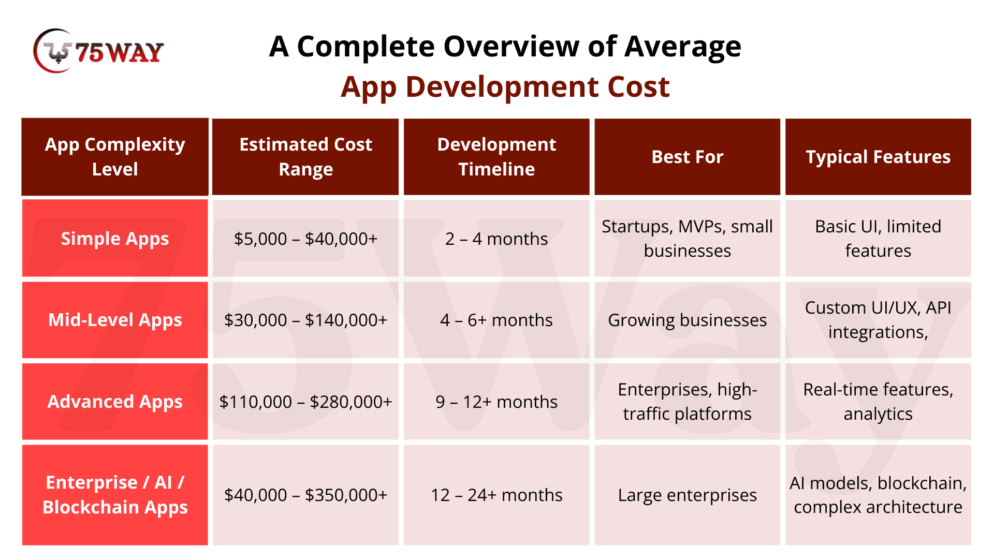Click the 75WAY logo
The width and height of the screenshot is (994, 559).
pyautogui.click(x=98, y=51)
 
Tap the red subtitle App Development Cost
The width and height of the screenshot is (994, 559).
pyautogui.click(x=505, y=87)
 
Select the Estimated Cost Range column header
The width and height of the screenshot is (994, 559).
pyautogui.click(x=305, y=157)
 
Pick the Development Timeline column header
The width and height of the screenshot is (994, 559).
pyautogui.click(x=496, y=157)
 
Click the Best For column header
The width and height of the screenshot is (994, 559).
pyautogui.click(x=688, y=157)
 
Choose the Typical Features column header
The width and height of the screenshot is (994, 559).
pyautogui.click(x=878, y=157)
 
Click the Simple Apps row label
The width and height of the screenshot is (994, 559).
pyautogui.click(x=115, y=239)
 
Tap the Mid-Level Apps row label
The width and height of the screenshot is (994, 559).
pyautogui.click(x=115, y=320)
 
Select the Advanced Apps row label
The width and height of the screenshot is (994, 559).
pyautogui.click(x=115, y=402)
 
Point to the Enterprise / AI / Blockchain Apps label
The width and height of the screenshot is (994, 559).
pyautogui.click(x=115, y=495)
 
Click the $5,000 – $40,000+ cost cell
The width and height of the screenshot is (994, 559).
pyautogui.click(x=305, y=239)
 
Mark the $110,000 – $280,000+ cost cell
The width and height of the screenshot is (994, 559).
pyautogui.click(x=305, y=402)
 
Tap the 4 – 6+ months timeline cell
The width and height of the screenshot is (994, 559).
pyautogui.click(x=496, y=320)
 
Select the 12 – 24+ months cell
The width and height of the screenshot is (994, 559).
pyautogui.click(x=496, y=495)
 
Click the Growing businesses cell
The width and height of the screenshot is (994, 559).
pyautogui.click(x=688, y=320)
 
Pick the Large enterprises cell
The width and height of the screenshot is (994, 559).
pyautogui.click(x=688, y=495)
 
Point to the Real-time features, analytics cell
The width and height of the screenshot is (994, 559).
pyautogui.click(x=878, y=402)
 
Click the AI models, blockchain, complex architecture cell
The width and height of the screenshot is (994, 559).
pyautogui.click(x=878, y=495)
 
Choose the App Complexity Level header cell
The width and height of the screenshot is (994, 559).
pyautogui.click(x=115, y=157)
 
